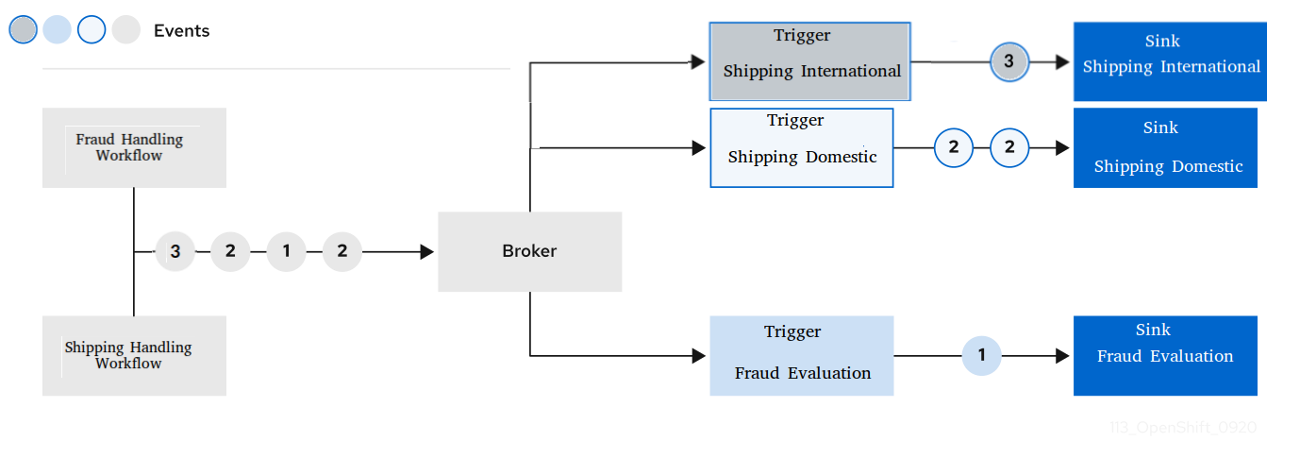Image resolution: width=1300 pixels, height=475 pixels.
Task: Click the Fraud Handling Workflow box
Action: click(x=134, y=147)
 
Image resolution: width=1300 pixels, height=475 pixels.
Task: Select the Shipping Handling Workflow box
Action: click(x=134, y=355)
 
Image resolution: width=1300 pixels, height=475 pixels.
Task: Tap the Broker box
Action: click(x=529, y=251)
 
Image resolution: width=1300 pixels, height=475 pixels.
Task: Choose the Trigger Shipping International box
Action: click(x=810, y=61)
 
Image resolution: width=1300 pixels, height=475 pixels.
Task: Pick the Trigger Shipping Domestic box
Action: click(x=801, y=147)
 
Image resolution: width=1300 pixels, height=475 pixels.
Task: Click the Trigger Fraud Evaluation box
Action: click(x=801, y=355)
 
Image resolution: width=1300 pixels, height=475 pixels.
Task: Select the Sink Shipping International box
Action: click(x=1169, y=61)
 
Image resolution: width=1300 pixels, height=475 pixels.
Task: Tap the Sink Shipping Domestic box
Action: click(x=1165, y=147)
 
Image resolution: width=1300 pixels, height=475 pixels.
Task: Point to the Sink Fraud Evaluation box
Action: click(x=1165, y=355)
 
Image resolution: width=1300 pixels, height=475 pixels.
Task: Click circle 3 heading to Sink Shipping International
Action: click(x=1008, y=62)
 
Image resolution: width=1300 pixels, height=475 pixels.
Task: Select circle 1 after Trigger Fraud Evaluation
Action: click(x=981, y=355)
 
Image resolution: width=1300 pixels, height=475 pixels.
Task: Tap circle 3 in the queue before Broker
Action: click(x=175, y=252)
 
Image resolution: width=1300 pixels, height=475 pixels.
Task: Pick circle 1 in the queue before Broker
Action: click(x=286, y=252)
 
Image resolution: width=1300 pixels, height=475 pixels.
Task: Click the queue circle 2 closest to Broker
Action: click(x=342, y=252)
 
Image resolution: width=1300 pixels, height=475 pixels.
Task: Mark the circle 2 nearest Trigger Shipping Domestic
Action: click(x=953, y=148)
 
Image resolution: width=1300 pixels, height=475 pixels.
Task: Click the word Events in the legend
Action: click(x=181, y=31)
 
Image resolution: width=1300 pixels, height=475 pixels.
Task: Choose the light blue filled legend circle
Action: click(x=57, y=30)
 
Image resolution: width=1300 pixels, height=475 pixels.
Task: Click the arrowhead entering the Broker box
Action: click(x=426, y=252)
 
